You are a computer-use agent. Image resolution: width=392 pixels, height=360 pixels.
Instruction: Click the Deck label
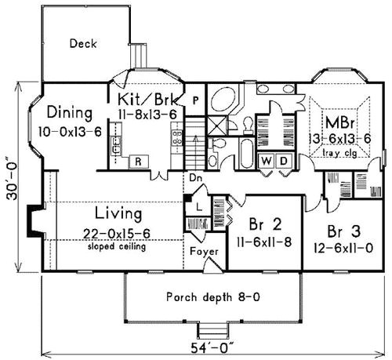pyautogui.click(x=82, y=44)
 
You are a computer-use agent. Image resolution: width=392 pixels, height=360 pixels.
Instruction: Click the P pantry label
pyautogui.click(x=195, y=100)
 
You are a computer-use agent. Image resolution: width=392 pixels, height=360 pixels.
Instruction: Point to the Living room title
pyautogui.click(x=118, y=213)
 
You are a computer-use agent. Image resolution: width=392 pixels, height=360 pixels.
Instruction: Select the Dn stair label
pyautogui.click(x=193, y=178)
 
